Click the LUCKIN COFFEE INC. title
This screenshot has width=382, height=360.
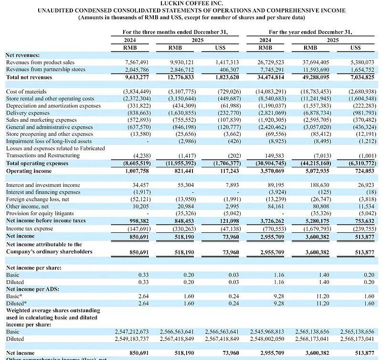point(191,3)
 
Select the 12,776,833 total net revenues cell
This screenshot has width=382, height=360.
point(180,76)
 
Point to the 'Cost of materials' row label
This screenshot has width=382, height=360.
point(26,91)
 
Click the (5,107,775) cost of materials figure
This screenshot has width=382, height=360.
point(180,91)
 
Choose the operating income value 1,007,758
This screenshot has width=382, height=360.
point(137,170)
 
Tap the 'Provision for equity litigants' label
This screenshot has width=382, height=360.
point(40,213)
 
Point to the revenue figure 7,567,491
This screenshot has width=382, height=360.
point(137,62)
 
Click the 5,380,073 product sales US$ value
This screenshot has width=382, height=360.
point(361,62)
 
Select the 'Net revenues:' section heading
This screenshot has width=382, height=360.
point(23,55)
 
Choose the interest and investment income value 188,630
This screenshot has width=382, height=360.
point(317,185)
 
